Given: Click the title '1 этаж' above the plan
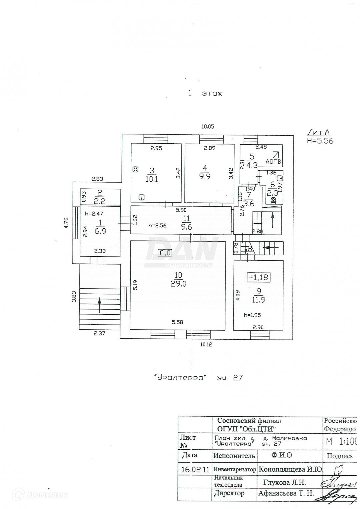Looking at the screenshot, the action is click(205, 93).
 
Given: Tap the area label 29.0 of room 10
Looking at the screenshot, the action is click(179, 284).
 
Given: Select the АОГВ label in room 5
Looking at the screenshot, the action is click(274, 162).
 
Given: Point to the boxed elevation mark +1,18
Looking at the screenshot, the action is click(258, 277).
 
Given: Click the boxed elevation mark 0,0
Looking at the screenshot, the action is click(165, 253).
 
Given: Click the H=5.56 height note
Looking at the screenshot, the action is click(320, 141).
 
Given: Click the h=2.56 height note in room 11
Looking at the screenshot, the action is click(157, 226).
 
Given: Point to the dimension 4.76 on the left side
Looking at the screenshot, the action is click(66, 222).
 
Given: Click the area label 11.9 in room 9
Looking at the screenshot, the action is click(258, 300).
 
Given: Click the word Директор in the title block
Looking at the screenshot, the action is click(229, 493).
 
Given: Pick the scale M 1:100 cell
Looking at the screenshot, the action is click(341, 442).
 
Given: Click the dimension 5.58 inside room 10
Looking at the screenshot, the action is click(177, 322).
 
